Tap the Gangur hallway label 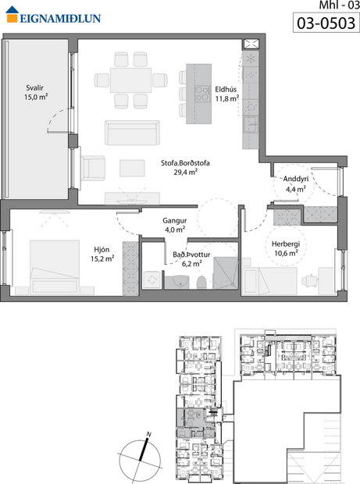coord(174,220)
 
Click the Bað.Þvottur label coord(191,254)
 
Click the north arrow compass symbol coord(141,454)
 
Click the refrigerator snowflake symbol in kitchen coord(251,60)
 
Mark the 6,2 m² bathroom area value coord(191,264)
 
